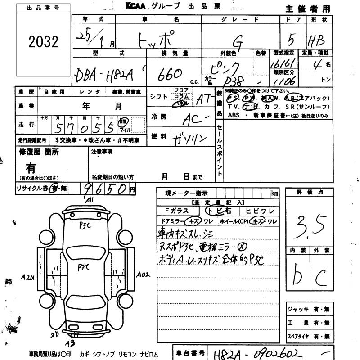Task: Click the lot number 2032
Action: [x=44, y=42]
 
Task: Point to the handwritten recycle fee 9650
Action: [x=105, y=189]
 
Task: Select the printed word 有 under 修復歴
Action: [x=31, y=168]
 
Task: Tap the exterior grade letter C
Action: [x=321, y=274]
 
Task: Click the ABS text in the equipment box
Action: [x=234, y=115]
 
